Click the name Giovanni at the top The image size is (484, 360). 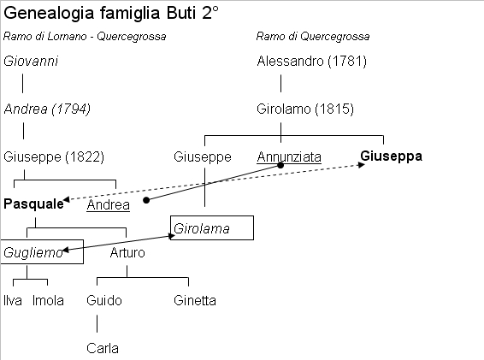click(x=31, y=61)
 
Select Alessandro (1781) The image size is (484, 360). click(x=312, y=61)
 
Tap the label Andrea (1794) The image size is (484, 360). click(x=47, y=109)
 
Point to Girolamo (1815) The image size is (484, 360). click(x=305, y=109)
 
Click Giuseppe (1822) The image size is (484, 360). click(x=54, y=156)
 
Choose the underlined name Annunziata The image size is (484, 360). click(x=289, y=156)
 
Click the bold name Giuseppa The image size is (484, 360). click(x=391, y=156)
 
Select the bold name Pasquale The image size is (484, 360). click(x=33, y=204)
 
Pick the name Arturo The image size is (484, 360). click(x=127, y=253)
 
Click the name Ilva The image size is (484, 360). click(x=13, y=301)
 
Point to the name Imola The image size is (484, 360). click(x=48, y=301)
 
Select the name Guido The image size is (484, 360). click(x=104, y=301)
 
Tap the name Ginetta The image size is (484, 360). click(x=195, y=301)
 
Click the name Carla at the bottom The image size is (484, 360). click(x=103, y=349)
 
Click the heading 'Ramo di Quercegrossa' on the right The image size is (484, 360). click(x=313, y=37)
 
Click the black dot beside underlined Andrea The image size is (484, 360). click(x=146, y=200)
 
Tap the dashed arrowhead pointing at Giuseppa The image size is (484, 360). click(x=362, y=165)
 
